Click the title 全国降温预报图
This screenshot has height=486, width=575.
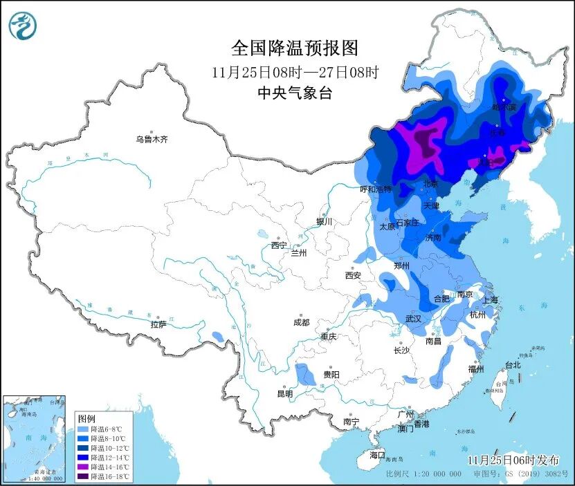295,48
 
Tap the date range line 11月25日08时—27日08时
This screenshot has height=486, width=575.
295,72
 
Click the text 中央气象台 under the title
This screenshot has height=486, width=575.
295,93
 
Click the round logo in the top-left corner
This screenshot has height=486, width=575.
23,26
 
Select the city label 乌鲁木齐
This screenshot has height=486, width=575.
152,139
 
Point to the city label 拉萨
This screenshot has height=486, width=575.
158,324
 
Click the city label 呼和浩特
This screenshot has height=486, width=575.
375,189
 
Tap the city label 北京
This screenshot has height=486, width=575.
430,184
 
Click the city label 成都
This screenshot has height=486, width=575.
301,322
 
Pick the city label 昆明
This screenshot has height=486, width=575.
284,393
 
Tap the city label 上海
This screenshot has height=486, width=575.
490,300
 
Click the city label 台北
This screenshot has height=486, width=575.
513,364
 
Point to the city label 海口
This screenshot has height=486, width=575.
376,455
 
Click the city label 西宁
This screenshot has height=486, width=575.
279,245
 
